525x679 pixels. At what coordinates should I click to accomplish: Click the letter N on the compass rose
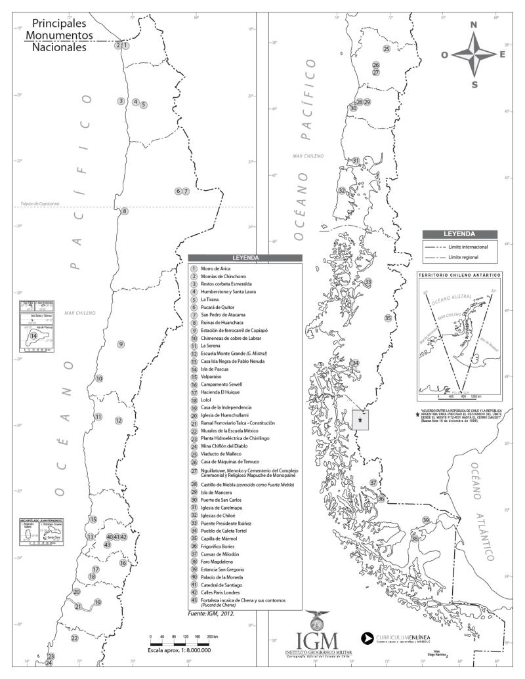[474, 25]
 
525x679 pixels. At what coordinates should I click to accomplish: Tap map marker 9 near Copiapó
[121, 344]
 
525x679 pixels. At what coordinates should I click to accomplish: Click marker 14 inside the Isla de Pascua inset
[33, 336]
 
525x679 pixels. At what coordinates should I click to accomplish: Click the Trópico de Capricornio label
[39, 204]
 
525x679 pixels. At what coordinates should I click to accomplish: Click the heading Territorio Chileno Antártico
[459, 275]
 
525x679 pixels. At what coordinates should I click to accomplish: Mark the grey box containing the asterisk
[360, 419]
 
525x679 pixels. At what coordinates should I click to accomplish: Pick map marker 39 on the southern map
[425, 520]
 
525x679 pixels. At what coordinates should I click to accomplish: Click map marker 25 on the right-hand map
[387, 49]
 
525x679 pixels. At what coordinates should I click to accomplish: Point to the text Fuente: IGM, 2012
[211, 614]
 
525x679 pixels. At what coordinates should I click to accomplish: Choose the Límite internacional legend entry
[470, 247]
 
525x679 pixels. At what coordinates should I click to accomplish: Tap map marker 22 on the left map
[74, 638]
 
